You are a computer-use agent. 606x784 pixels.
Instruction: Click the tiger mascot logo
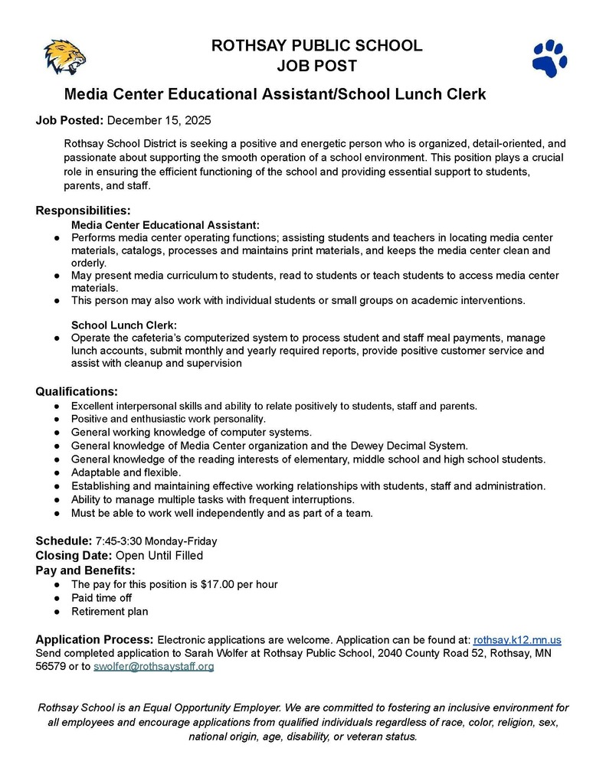pos(64,57)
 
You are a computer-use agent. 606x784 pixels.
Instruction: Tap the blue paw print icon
pos(549,58)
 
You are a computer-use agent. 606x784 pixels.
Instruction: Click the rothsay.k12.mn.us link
pos(518,639)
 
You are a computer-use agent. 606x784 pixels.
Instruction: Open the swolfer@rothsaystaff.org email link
pos(153,667)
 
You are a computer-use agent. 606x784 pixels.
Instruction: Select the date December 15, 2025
pos(159,120)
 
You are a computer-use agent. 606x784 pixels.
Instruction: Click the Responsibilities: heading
pos(84,211)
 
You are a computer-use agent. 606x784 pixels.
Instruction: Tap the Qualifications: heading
pos(77,391)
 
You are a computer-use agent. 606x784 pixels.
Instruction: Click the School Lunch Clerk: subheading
pos(124,325)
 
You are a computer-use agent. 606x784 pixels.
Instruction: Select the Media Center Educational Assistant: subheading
pos(165,225)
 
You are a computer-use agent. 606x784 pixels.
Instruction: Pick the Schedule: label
pos(64,541)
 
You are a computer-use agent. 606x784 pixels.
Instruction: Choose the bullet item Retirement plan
pos(110,612)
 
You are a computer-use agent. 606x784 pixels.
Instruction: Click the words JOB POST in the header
pos(316,66)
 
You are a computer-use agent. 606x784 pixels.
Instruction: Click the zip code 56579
pos(51,667)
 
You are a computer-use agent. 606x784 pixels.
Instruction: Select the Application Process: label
pos(95,639)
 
